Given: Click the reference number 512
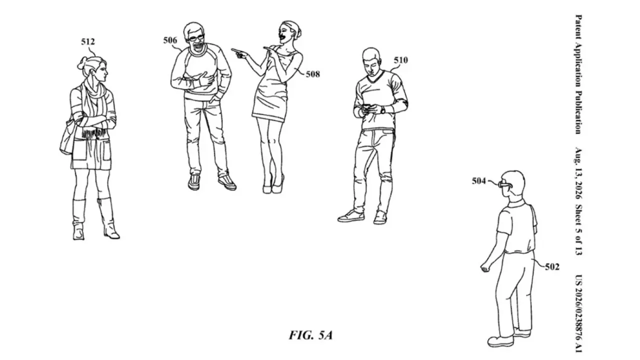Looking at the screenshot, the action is click(87, 41).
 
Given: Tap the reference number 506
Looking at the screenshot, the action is click(170, 40).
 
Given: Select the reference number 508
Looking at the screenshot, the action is click(313, 74).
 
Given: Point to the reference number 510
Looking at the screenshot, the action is click(401, 60).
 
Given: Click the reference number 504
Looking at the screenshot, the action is click(478, 181).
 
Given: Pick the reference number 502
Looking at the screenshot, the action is click(552, 267).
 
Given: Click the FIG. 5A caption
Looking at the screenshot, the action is click(311, 335).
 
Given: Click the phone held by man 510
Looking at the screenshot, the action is click(367, 107).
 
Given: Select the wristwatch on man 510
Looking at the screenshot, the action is click(382, 109).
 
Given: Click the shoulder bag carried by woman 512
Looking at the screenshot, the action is click(67, 138).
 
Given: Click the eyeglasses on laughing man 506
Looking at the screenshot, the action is click(196, 37).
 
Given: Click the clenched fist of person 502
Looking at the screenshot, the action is click(485, 268).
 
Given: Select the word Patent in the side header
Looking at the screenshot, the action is click(578, 26).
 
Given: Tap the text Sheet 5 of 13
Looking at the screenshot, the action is click(578, 229).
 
